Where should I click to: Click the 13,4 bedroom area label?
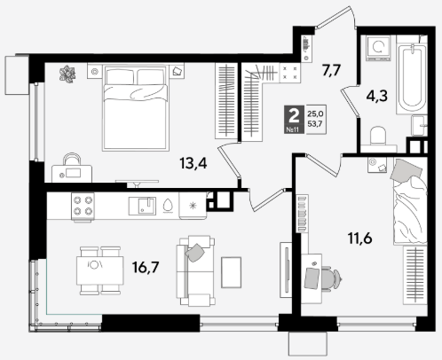193,163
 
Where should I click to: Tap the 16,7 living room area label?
146,267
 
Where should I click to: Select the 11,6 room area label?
359,238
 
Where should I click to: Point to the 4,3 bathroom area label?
376,96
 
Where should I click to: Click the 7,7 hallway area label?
331,71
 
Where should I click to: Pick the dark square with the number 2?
294,119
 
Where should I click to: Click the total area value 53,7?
315,123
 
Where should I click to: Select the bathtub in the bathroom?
412,78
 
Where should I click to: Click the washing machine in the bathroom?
378,48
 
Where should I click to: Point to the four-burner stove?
83,207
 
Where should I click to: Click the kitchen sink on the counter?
142,206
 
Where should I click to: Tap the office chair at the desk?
330,278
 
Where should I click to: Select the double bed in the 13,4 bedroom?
136,108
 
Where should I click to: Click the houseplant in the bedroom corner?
67,74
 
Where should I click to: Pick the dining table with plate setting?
100,270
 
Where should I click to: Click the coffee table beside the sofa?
231,272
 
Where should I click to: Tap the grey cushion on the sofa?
195,253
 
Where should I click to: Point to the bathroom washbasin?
419,126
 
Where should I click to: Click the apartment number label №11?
293,129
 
